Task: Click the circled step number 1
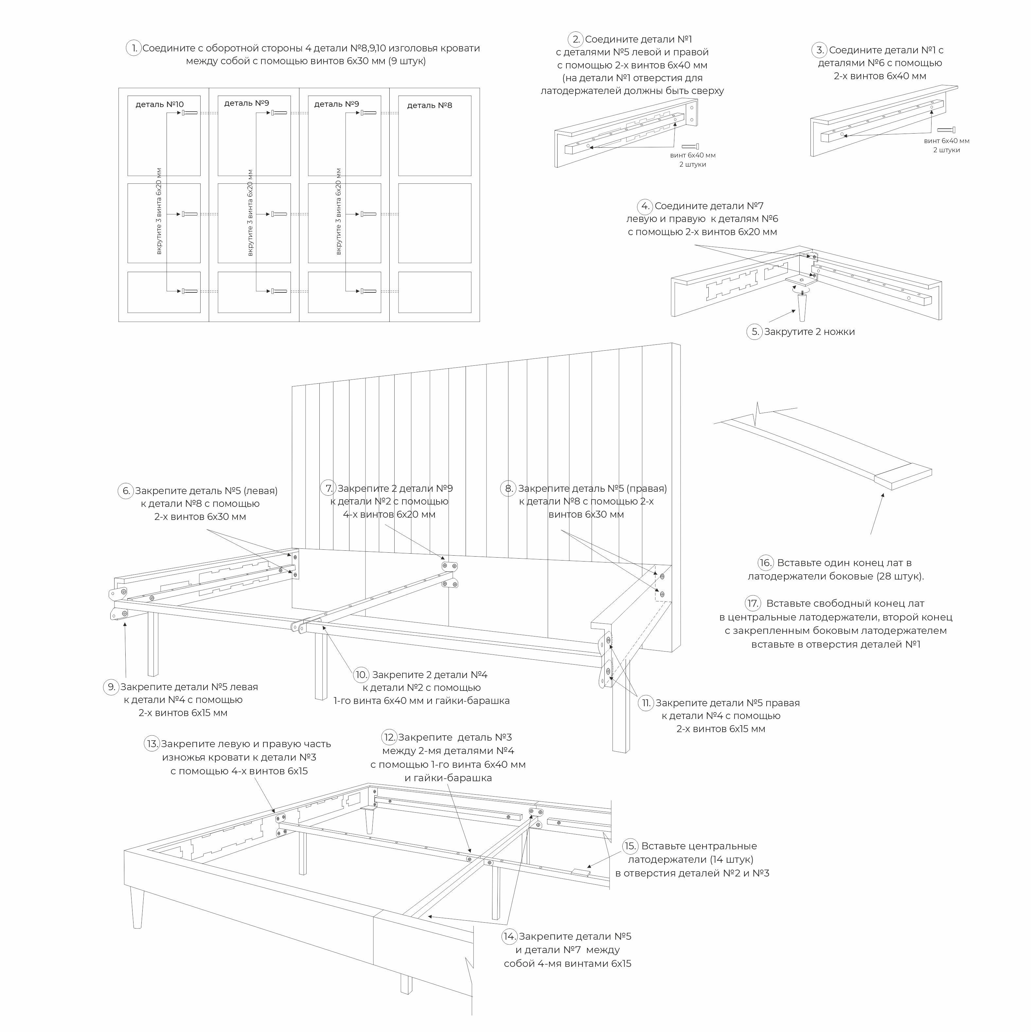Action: pyautogui.click(x=133, y=48)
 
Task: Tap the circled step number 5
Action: pyautogui.click(x=754, y=332)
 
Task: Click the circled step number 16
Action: pyautogui.click(x=766, y=562)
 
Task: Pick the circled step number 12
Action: pyautogui.click(x=389, y=737)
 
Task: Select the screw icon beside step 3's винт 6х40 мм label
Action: pyautogui.click(x=946, y=130)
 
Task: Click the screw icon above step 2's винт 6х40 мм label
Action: pyautogui.click(x=690, y=146)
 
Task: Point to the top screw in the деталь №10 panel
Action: pyautogui.click(x=189, y=113)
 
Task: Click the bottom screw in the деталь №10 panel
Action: pyautogui.click(x=189, y=291)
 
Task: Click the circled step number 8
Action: pyautogui.click(x=508, y=488)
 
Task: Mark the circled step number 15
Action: pyautogui.click(x=631, y=846)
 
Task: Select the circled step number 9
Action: pyautogui.click(x=111, y=687)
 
